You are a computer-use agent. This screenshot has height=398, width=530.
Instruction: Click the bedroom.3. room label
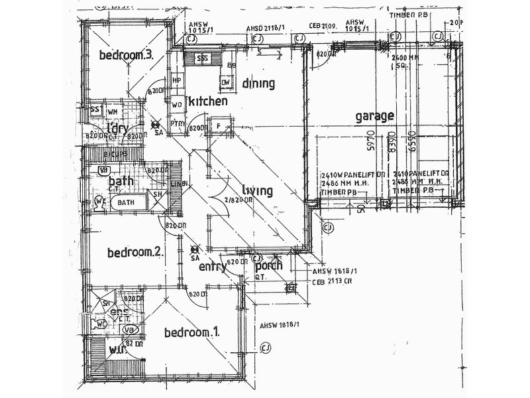click(x=127, y=55)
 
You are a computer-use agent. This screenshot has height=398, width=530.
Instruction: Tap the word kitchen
click(x=208, y=101)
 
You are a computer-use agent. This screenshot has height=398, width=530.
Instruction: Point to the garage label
click(x=375, y=116)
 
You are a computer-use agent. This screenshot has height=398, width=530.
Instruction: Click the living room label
click(x=257, y=191)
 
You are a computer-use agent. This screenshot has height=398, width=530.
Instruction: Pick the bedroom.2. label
click(x=135, y=252)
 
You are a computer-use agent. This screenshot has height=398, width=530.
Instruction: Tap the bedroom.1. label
click(x=192, y=332)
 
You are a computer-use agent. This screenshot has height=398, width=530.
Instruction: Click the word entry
click(x=213, y=267)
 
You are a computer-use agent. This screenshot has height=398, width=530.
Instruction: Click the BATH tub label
click(x=126, y=202)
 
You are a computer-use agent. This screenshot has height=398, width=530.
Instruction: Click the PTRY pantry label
click(x=178, y=124)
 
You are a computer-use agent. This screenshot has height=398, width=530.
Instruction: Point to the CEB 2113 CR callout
click(x=332, y=281)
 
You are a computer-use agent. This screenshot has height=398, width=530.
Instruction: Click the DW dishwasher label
click(x=226, y=82)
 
